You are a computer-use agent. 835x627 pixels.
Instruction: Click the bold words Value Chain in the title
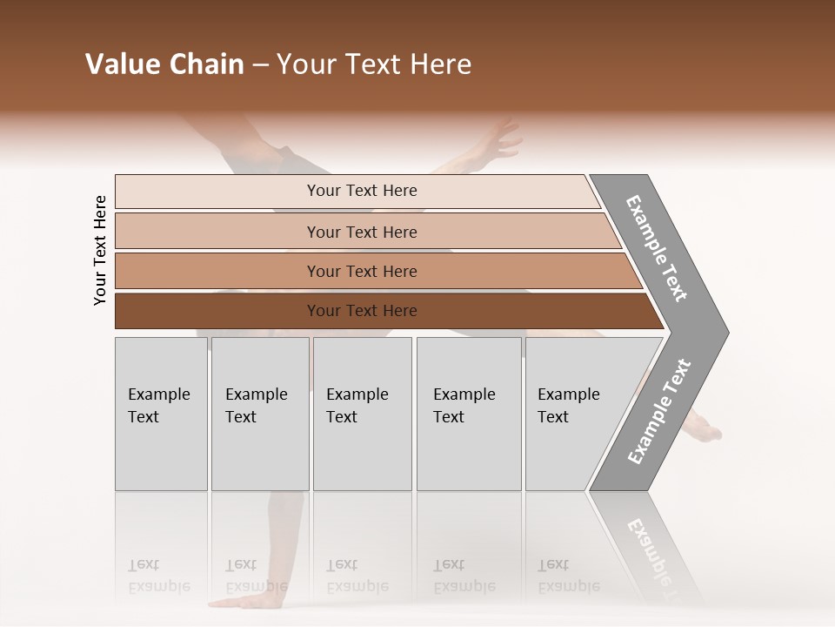click(x=164, y=64)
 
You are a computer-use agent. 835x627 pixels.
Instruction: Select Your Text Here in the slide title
click(x=374, y=64)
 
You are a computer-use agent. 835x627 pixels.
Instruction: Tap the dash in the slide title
click(x=260, y=65)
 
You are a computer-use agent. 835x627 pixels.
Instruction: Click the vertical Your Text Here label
click(x=100, y=250)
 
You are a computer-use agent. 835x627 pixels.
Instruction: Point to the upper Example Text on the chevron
click(x=657, y=248)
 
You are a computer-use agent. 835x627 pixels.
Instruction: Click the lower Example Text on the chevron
click(x=659, y=412)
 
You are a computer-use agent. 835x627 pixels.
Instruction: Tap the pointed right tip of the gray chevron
click(x=726, y=332)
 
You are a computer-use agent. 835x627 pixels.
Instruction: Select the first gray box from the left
click(x=161, y=413)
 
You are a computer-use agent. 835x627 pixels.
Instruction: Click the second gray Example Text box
click(x=259, y=413)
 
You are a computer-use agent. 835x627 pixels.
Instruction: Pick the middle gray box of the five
click(x=362, y=413)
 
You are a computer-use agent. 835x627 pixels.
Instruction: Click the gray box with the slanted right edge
click(x=574, y=413)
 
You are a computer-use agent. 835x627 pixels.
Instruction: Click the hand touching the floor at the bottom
click(x=239, y=602)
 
